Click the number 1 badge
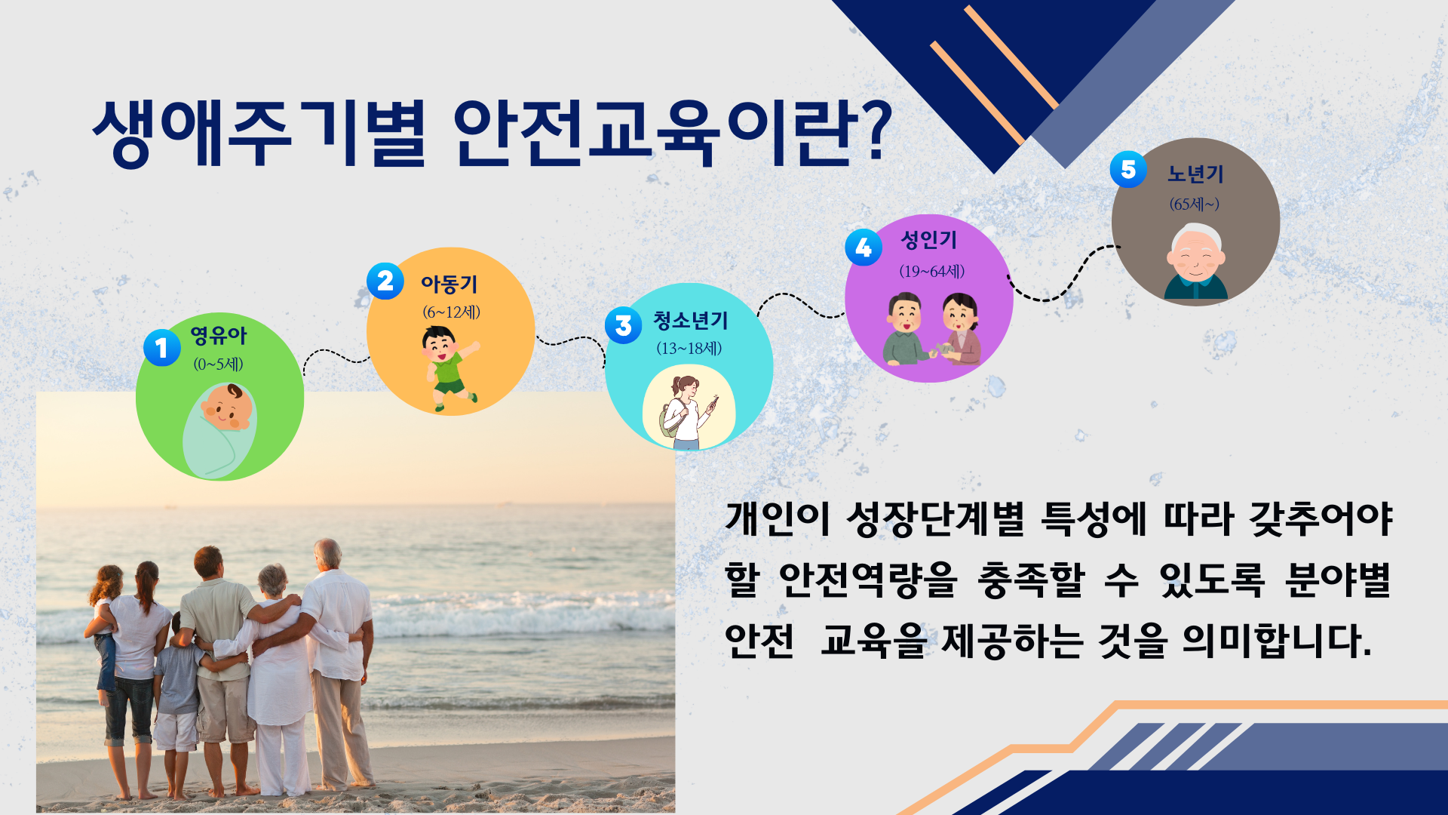(161, 348)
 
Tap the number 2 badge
(385, 281)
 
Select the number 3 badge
(624, 325)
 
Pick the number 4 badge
(864, 248)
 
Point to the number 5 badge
(1128, 170)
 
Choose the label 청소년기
(691, 321)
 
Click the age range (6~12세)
(451, 312)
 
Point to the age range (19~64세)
(931, 271)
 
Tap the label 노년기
(1195, 174)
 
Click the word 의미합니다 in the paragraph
(1276, 641)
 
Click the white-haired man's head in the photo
(328, 554)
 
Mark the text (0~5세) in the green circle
(218, 364)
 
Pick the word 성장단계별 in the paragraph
(935, 518)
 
